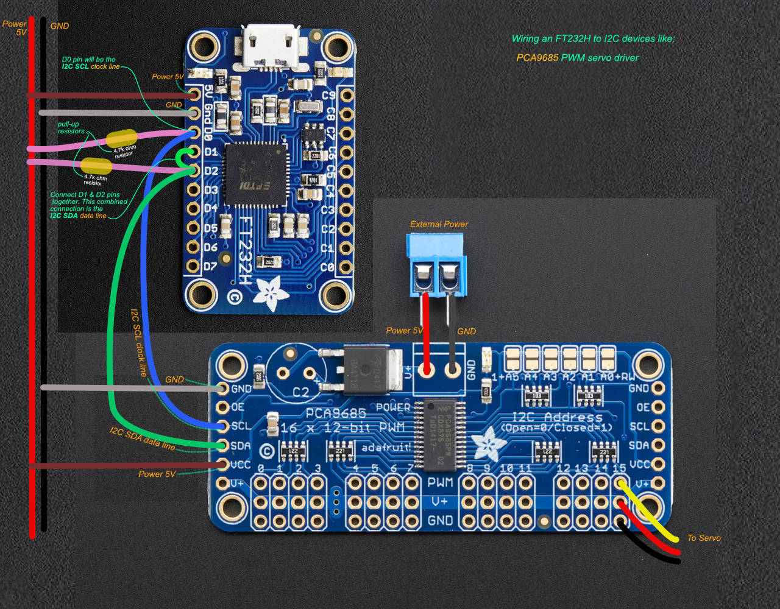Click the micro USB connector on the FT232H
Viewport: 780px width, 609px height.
[x=271, y=46]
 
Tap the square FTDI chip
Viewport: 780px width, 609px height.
[x=255, y=175]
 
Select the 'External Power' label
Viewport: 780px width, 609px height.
[x=439, y=224]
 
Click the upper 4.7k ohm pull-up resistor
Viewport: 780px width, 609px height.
[x=121, y=139]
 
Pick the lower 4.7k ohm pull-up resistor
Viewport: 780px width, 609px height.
[x=96, y=165]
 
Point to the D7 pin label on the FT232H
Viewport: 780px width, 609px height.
[x=210, y=266]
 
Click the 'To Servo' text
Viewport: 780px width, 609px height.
[x=704, y=538]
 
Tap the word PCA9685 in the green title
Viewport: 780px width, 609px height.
[x=537, y=58]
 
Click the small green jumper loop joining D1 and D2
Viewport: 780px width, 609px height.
[x=183, y=159]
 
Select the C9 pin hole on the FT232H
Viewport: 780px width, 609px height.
[x=346, y=96]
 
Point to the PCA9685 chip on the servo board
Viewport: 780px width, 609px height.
[x=440, y=432]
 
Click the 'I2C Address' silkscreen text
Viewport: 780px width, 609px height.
[x=557, y=417]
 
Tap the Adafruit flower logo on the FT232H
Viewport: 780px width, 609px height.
[x=271, y=290]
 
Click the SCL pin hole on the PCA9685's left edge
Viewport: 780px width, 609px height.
[x=222, y=426]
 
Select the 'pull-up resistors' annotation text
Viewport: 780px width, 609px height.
[x=71, y=127]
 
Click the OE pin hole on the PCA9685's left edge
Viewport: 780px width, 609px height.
[x=222, y=407]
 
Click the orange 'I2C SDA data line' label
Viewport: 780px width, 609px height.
[x=143, y=438]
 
